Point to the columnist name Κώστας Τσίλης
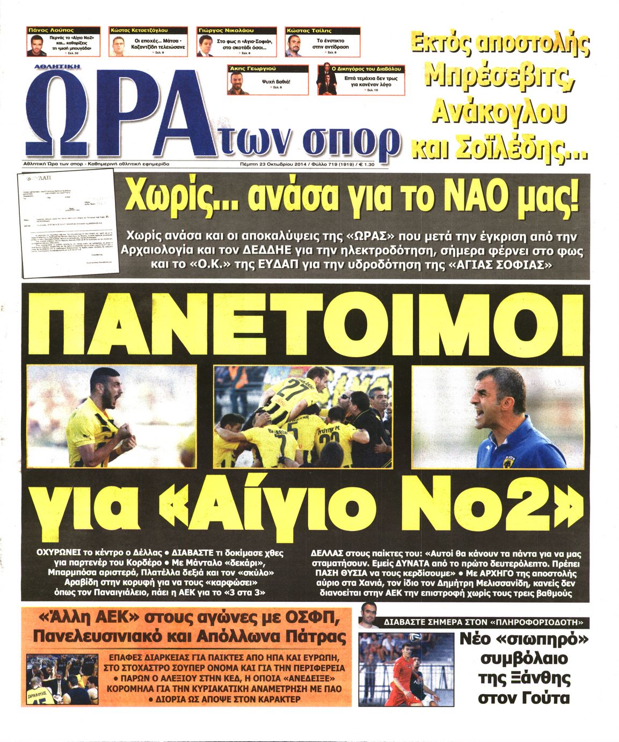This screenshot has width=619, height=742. tap(309, 31)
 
